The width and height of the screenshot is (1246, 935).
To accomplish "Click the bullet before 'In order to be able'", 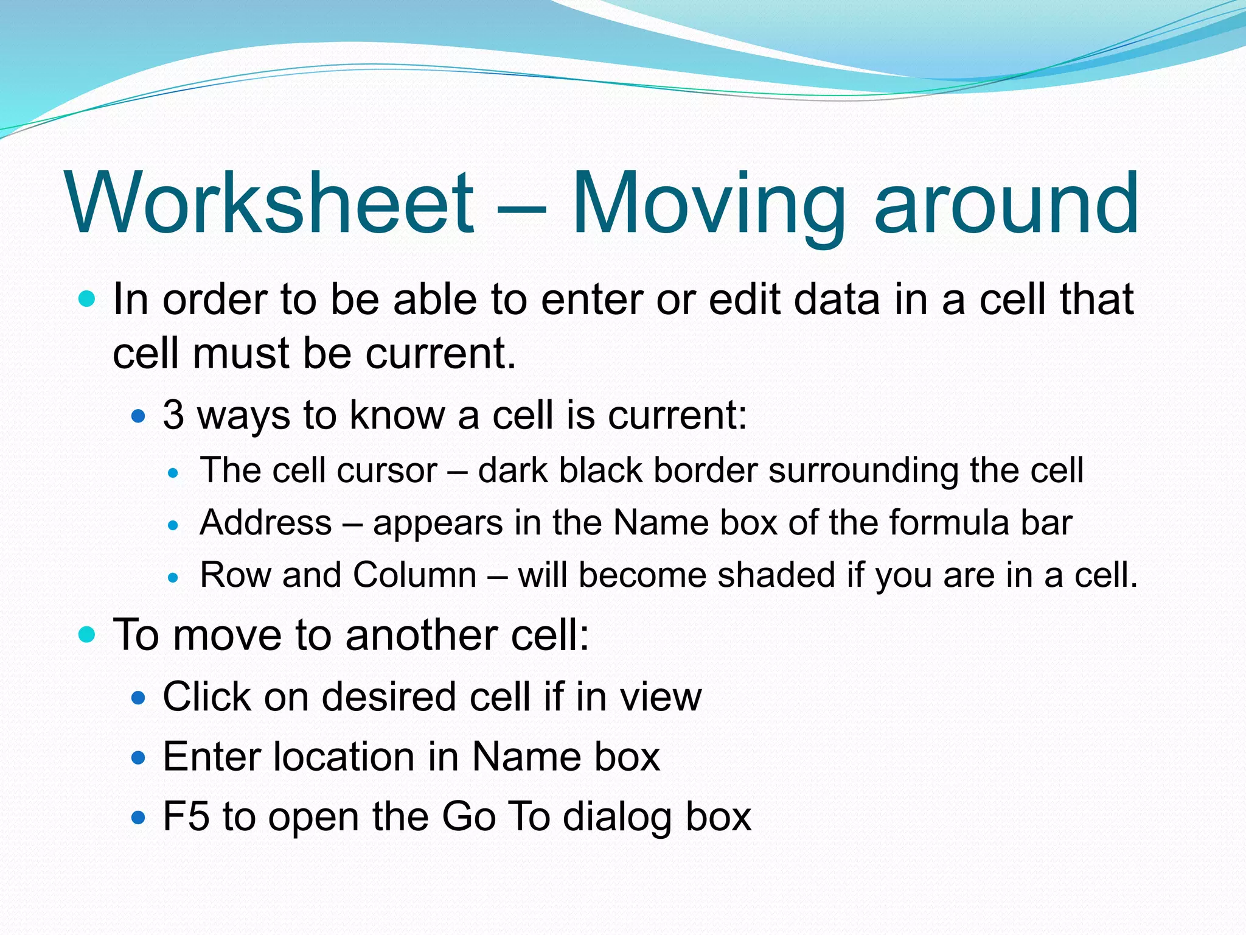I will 88,299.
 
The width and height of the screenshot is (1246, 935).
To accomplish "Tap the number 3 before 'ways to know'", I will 173,415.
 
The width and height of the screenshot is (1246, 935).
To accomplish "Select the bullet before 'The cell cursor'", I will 174,472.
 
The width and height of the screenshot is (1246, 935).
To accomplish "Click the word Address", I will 266,523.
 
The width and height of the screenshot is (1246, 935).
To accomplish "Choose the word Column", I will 414,575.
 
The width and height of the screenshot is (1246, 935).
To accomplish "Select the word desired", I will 389,696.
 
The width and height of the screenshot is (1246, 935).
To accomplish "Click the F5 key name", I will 186,816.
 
